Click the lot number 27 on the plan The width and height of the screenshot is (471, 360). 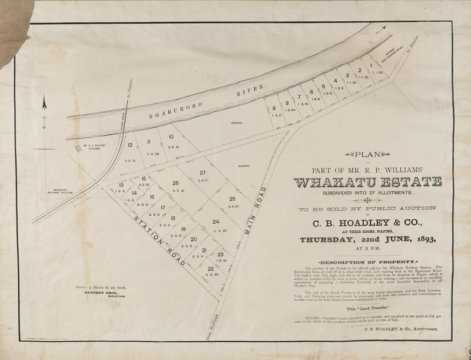203,173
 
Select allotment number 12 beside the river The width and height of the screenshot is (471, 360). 130,145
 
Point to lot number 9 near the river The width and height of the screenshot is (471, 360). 274,108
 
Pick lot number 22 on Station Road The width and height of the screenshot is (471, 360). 211,269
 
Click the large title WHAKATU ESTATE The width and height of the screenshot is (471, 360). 370,181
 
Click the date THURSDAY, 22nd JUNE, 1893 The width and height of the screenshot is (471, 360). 370,240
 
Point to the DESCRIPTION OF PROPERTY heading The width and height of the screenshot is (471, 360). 369,261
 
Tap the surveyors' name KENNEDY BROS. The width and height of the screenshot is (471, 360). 94,292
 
